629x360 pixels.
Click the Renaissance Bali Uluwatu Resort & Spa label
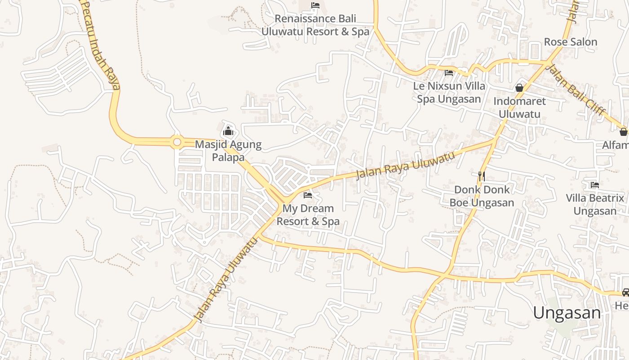pyautogui.click(x=315, y=25)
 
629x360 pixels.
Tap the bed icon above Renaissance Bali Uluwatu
pyautogui.click(x=315, y=6)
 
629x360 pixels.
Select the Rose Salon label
pyautogui.click(x=571, y=42)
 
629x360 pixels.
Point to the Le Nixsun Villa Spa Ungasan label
pyautogui.click(x=449, y=92)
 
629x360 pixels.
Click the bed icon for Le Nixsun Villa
pyautogui.click(x=449, y=72)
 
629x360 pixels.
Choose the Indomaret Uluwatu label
pyautogui.click(x=519, y=108)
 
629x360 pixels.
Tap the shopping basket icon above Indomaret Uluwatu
pyautogui.click(x=519, y=88)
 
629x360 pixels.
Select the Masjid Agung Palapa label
pyautogui.click(x=228, y=151)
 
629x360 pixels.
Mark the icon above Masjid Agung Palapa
pyautogui.click(x=228, y=131)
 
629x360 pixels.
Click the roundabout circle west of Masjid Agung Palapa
pyautogui.click(x=177, y=143)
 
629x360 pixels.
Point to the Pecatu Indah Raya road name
pyautogui.click(x=102, y=45)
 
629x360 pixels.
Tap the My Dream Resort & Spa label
pyautogui.click(x=308, y=215)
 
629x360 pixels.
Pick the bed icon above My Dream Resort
pyautogui.click(x=308, y=195)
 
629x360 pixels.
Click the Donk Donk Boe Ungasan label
pyautogui.click(x=482, y=196)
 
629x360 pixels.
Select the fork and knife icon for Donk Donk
pyautogui.click(x=482, y=176)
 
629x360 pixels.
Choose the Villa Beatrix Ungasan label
pyautogui.click(x=595, y=204)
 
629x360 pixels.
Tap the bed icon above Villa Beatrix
pyautogui.click(x=595, y=184)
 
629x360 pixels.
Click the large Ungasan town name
pyautogui.click(x=567, y=312)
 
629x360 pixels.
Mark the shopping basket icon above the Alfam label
pyautogui.click(x=623, y=132)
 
